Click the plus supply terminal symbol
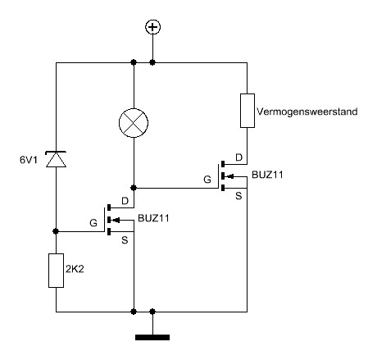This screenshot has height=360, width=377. [152, 27]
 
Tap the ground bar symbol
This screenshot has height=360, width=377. [152, 337]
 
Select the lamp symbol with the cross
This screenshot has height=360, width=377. [134, 123]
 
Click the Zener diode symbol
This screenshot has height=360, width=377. [56, 159]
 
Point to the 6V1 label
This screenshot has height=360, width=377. [29, 160]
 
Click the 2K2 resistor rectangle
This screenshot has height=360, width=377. [56, 271]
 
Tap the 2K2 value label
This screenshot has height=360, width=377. [75, 269]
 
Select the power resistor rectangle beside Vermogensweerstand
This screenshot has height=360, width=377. [248, 111]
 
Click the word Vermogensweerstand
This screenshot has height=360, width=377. [307, 112]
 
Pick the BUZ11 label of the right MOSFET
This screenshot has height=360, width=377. [267, 175]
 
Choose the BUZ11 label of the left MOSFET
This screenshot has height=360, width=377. [153, 218]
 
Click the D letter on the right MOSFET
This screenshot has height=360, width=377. [238, 157]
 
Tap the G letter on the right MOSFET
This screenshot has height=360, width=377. [207, 180]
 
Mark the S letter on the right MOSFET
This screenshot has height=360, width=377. [238, 196]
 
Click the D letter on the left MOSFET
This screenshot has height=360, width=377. [125, 201]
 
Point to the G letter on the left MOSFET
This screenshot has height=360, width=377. [93, 223]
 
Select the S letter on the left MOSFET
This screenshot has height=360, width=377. [125, 240]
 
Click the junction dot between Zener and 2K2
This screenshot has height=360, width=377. [56, 231]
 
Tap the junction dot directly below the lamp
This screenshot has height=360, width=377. [134, 188]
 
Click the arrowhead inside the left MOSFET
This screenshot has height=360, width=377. [116, 220]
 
